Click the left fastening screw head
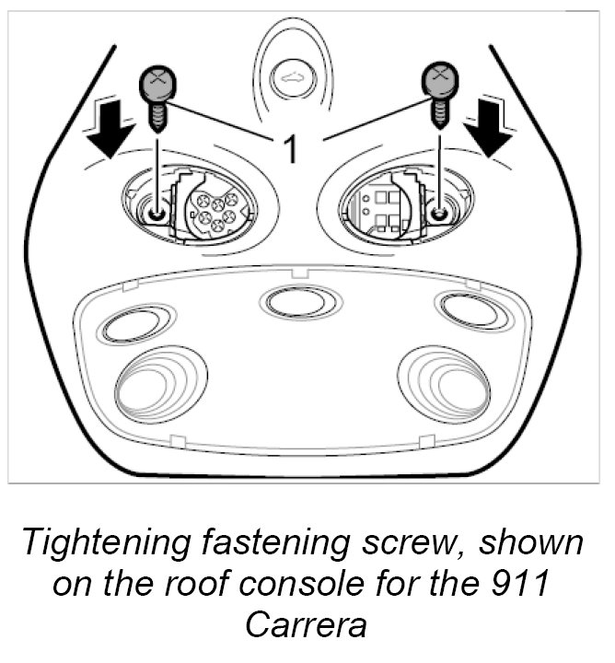[x=159, y=86]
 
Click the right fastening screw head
[x=441, y=81]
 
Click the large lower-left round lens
[x=159, y=384]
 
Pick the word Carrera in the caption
[x=306, y=624]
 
